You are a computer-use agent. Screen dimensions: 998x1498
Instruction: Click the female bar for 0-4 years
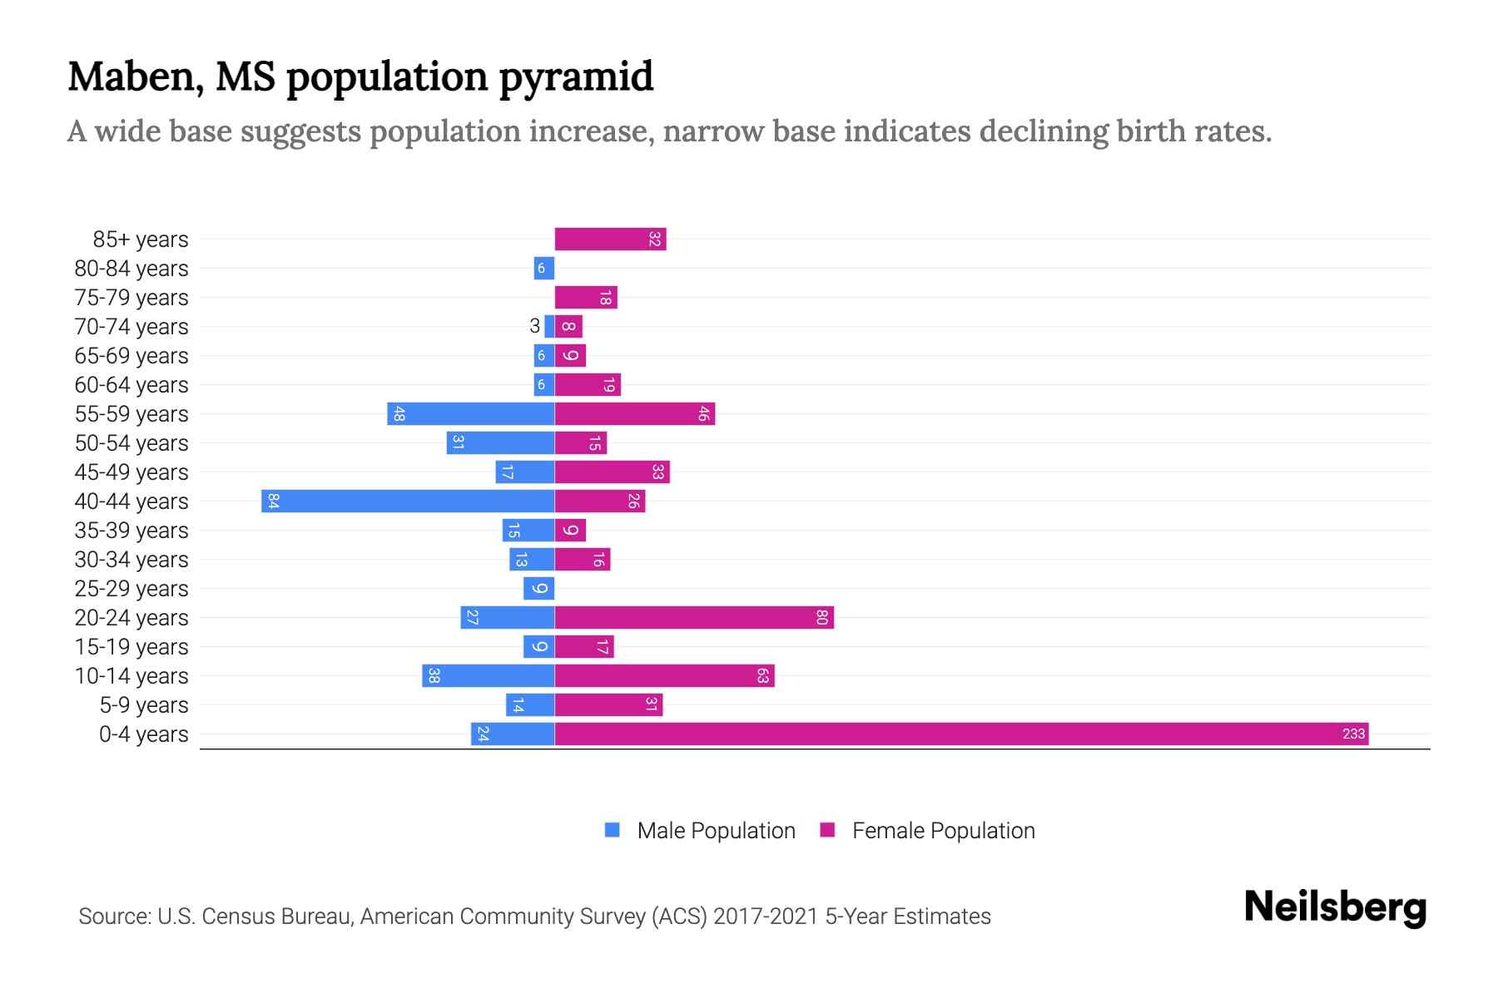pyautogui.click(x=961, y=734)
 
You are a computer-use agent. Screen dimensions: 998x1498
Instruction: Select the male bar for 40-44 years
pyautogui.click(x=408, y=501)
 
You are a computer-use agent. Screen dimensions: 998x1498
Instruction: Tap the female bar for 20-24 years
pyautogui.click(x=694, y=617)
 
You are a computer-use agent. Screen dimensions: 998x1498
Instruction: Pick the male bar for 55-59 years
pyautogui.click(x=470, y=413)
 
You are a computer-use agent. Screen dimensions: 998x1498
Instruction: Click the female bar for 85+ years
pyautogui.click(x=610, y=239)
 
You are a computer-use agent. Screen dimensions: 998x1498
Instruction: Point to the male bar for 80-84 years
pyautogui.click(x=544, y=268)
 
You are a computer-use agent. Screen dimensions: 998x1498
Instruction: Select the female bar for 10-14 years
pyautogui.click(x=664, y=675)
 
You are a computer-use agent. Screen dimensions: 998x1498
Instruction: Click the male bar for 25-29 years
pyautogui.click(x=538, y=588)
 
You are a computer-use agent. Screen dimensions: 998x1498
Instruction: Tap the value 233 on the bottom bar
pyautogui.click(x=1353, y=734)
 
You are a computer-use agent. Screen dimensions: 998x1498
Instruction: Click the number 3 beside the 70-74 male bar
pyautogui.click(x=534, y=326)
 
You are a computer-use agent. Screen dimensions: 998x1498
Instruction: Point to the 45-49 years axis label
pyautogui.click(x=131, y=472)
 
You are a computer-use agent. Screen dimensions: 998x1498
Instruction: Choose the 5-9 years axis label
pyautogui.click(x=144, y=704)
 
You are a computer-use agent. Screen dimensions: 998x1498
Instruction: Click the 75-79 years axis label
pyautogui.click(x=131, y=297)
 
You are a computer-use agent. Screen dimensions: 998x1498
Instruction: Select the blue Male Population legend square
pyautogui.click(x=613, y=830)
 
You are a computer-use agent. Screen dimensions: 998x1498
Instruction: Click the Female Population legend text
pyautogui.click(x=943, y=830)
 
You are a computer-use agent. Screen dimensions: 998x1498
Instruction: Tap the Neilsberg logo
pyautogui.click(x=1335, y=907)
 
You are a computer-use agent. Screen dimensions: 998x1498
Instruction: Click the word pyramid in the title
pyautogui.click(x=576, y=77)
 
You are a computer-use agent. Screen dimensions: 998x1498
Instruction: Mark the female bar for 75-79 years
pyautogui.click(x=586, y=297)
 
